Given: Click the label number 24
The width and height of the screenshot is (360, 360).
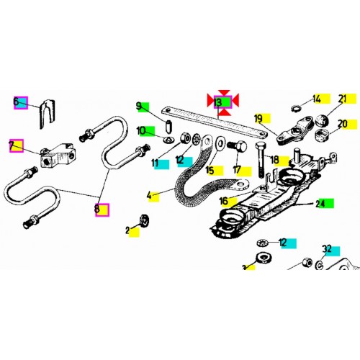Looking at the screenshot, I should point(320,204).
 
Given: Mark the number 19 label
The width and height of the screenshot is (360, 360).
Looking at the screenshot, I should point(258,117).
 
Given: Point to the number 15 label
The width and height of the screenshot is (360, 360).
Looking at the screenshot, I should point(210,171).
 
